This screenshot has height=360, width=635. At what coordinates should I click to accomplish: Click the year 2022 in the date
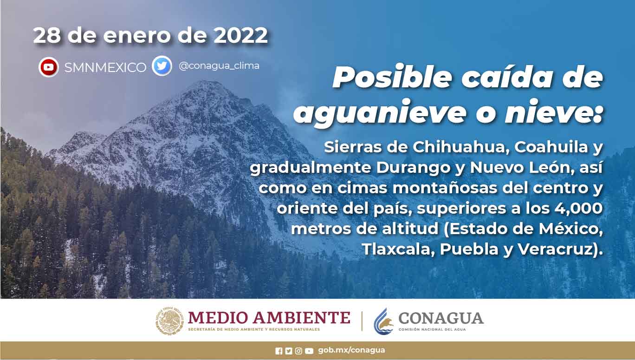(x=240, y=35)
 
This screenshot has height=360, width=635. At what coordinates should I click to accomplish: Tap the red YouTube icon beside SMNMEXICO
(x=48, y=67)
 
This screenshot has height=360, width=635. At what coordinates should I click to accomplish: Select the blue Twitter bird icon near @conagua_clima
(x=162, y=66)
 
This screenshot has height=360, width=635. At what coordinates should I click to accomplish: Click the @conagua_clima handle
(x=219, y=66)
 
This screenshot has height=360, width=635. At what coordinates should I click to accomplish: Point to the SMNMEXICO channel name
(x=105, y=67)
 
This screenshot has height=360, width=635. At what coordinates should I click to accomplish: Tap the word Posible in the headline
(x=392, y=77)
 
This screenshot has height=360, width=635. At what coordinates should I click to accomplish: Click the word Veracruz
(x=556, y=249)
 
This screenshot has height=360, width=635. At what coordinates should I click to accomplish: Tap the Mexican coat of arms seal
(x=170, y=321)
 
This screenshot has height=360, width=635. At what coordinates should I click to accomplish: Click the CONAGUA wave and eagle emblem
(x=383, y=321)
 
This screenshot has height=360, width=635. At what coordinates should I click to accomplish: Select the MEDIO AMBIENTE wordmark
(x=269, y=317)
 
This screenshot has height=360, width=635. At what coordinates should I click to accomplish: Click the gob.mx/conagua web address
(x=351, y=350)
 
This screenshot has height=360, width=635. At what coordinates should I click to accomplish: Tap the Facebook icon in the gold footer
(x=279, y=351)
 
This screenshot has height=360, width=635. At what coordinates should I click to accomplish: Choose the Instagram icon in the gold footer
(x=298, y=351)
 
